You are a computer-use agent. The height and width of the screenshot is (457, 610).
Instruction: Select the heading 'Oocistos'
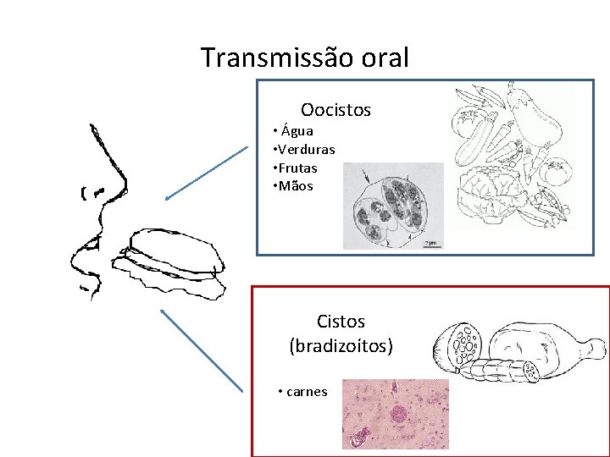click(x=335, y=110)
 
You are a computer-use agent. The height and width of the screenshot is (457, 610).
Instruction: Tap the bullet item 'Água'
click(x=297, y=131)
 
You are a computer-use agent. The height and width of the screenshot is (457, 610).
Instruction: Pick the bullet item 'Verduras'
click(x=308, y=150)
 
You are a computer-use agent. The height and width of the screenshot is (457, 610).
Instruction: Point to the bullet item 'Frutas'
click(x=298, y=168)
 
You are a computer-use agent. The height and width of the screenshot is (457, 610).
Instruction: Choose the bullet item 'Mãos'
click(x=297, y=186)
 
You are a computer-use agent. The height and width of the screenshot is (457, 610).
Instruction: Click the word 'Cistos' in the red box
click(x=341, y=322)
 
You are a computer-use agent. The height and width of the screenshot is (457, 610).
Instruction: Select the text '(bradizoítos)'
click(x=341, y=346)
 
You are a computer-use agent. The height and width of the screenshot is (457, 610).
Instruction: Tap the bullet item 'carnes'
click(x=306, y=392)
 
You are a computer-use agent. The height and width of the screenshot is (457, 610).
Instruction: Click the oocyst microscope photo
click(x=393, y=206)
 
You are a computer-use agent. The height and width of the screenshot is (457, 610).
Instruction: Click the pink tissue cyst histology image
click(x=395, y=414)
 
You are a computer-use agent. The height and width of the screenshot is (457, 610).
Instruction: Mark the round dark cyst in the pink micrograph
click(x=399, y=415)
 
